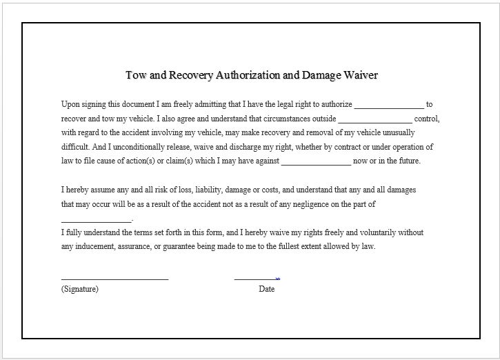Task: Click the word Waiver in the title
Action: [x=360, y=74]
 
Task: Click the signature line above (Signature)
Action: [x=114, y=279]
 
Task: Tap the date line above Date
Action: [x=256, y=279]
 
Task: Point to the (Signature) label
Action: [x=80, y=289]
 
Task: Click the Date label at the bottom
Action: [x=267, y=289]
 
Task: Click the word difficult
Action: [x=75, y=147]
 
